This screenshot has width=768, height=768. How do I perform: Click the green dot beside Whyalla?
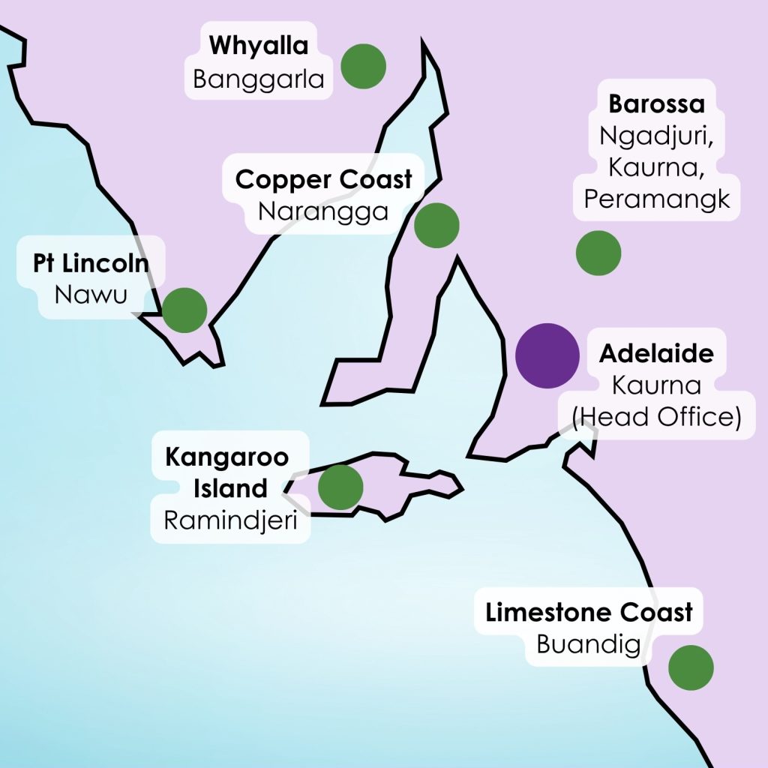pyautogui.click(x=363, y=66)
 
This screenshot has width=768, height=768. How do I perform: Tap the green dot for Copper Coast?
pyautogui.click(x=436, y=225)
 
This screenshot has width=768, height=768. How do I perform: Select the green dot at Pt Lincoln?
pyautogui.click(x=184, y=310)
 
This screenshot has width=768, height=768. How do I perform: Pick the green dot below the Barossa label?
pyautogui.click(x=598, y=253)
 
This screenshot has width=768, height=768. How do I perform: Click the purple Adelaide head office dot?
pyautogui.click(x=547, y=355)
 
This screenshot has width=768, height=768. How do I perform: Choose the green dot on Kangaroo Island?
pyautogui.click(x=340, y=487)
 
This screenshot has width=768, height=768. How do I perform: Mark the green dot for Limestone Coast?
pyautogui.click(x=690, y=667)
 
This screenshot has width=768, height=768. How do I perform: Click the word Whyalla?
pyautogui.click(x=259, y=46)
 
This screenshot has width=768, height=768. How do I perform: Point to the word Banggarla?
pyautogui.click(x=259, y=79)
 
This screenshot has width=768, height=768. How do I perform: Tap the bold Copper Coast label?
pyautogui.click(x=324, y=180)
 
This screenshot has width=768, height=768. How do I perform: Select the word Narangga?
pyautogui.click(x=324, y=211)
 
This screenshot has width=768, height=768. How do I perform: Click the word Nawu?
pyautogui.click(x=90, y=294)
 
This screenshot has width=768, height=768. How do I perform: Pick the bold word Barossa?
pyautogui.click(x=656, y=103)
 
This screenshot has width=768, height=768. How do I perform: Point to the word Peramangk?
pyautogui.click(x=656, y=199)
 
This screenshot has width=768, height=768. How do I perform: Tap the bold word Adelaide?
pyautogui.click(x=656, y=353)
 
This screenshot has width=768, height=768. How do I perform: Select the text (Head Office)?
pyautogui.click(x=656, y=417)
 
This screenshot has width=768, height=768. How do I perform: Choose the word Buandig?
pyautogui.click(x=587, y=644)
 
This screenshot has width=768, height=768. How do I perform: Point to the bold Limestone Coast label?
pyautogui.click(x=589, y=613)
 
